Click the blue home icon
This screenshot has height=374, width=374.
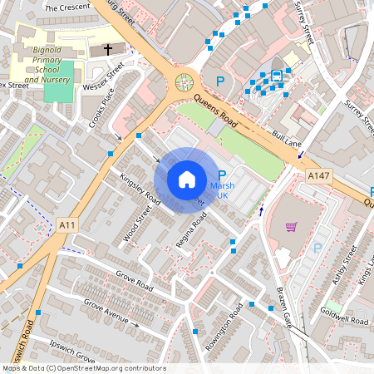187,179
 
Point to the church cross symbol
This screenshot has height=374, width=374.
106,51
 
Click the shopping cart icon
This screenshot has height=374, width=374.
291,227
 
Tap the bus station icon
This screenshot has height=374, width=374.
275,75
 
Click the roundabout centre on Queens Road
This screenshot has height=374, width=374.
183,82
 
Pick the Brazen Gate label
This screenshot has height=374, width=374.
284,307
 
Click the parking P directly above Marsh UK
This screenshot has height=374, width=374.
221,175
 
